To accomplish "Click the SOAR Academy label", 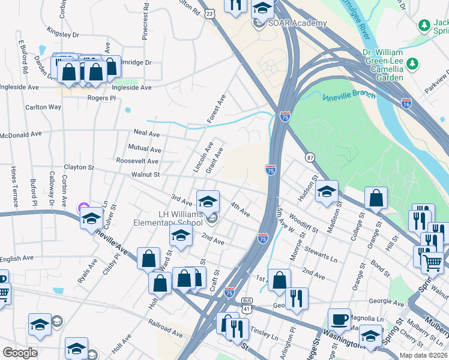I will [298, 23].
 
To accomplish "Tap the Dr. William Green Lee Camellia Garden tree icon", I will [412, 64].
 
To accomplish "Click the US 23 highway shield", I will [209, 13].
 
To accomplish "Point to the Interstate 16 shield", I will [406, 103].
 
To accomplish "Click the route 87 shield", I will [310, 157].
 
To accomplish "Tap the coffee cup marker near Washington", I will [339, 319].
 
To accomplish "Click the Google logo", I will [20, 353].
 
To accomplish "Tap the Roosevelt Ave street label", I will [137, 161].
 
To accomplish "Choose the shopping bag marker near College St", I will [376, 198].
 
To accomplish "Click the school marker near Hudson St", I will [327, 192].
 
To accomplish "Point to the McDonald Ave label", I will [20, 136].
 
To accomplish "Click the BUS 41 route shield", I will [247, 304].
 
